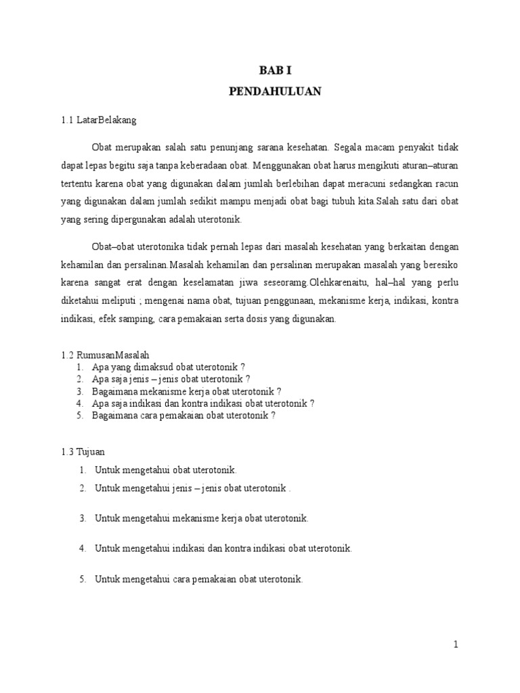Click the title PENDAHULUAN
tap(274, 92)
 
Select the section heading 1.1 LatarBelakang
tap(98, 120)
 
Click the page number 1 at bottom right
tap(456, 645)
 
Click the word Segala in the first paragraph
tap(349, 147)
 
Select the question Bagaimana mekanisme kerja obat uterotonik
tap(188, 391)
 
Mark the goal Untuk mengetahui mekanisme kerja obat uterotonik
tap(202, 518)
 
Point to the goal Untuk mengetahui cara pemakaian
tap(199, 579)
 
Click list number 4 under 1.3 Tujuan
tap(82, 549)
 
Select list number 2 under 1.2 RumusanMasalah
tap(79, 379)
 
